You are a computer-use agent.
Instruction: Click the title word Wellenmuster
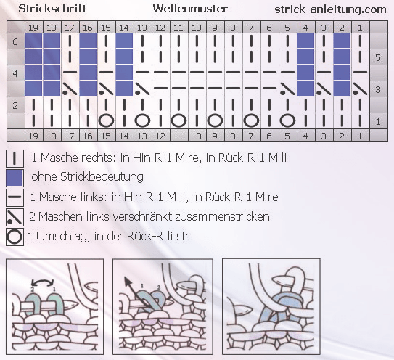pos(190,9)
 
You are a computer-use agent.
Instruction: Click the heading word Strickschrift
pos(52,9)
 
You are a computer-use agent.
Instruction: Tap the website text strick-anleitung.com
pos(330,9)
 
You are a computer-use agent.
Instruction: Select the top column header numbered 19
pos(33,28)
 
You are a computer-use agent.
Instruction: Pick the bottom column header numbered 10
pos(197,136)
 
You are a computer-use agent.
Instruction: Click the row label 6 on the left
pos(15,41)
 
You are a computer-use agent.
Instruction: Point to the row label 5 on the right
pos(378,57)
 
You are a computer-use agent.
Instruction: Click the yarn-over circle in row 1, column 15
pos(106,120)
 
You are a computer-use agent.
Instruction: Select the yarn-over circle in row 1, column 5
pos(287,120)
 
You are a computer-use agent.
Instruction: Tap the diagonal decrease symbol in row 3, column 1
pos(360,89)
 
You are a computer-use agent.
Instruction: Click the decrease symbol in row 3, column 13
pos(142,89)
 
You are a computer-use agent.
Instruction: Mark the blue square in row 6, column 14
pos(124,41)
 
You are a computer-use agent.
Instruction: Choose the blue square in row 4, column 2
pos(342,73)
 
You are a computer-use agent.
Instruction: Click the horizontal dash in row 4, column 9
pos(215,72)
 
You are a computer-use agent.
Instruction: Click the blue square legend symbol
pos(15,178)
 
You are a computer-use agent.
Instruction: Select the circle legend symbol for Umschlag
pos(15,237)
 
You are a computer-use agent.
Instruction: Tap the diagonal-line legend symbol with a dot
pos(15,217)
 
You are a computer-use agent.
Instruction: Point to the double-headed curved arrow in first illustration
pos(43,281)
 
